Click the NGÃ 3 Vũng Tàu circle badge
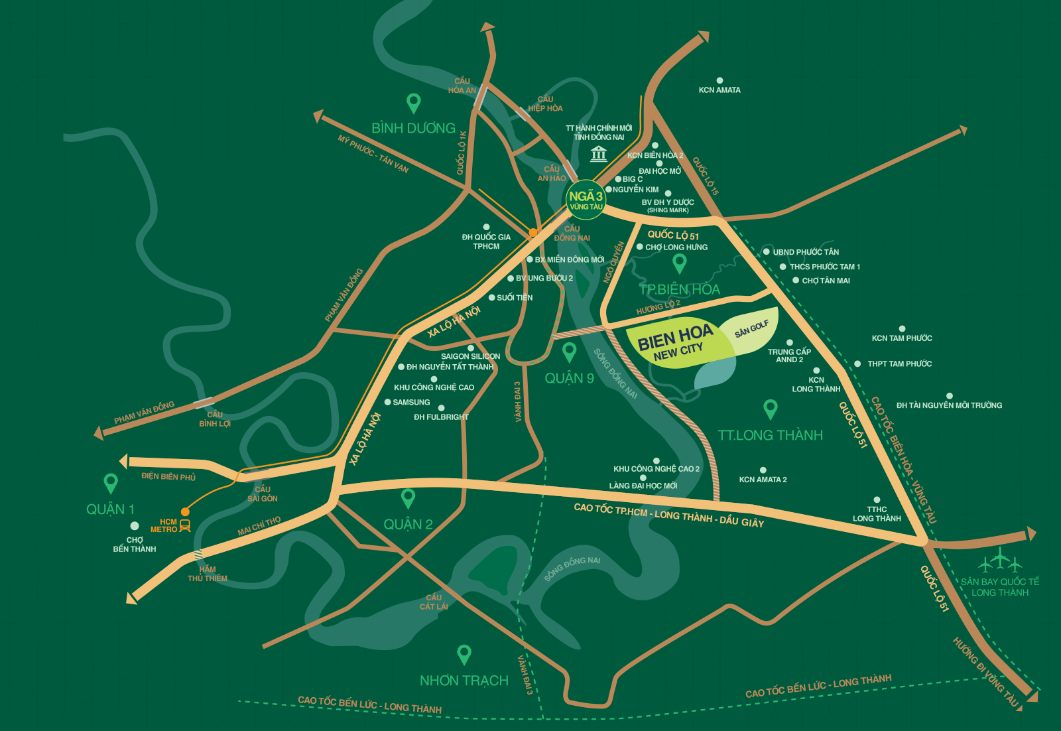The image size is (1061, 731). pos(586,200)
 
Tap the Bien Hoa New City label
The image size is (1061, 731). pos(675,343)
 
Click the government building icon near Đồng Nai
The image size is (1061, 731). pos(599,154)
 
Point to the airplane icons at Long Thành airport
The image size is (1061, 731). pos(1000,561)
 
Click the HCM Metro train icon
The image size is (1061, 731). pos(185,526)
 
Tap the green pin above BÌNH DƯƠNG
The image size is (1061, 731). pos(413,103)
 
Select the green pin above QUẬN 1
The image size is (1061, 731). pos(111,483)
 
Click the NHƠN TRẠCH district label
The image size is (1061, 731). pos(464,681)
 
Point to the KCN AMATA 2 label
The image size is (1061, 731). pos(763,480)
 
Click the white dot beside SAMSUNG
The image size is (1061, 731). pos(387,402)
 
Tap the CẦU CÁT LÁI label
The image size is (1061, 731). pos(434,602)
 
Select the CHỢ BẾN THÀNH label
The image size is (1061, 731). pos(135,545)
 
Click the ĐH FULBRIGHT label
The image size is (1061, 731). pos(441,417)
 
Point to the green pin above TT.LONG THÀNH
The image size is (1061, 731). pos(770,409)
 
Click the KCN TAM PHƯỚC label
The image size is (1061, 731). pos(902,338)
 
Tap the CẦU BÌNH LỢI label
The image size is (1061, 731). pos(215,419)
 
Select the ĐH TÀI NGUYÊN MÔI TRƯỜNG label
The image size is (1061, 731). pos(949,405)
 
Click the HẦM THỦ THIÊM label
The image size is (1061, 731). pos(207,574)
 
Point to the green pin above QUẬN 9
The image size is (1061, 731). pos(569,352)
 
